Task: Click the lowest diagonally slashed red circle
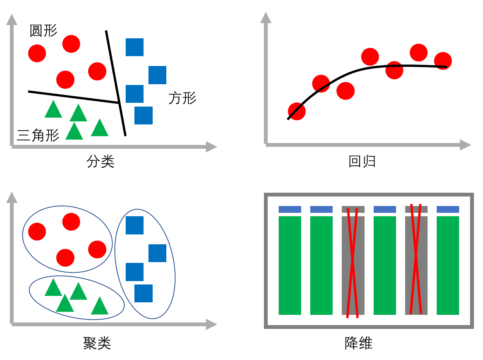297,111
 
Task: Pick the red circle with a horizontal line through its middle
395,70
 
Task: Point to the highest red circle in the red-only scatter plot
419,52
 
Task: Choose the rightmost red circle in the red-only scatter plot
443,61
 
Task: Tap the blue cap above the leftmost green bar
290,209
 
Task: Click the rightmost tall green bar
448,266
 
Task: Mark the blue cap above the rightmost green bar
448,209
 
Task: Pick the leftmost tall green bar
290,266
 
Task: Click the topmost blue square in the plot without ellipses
135,47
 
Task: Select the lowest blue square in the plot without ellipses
144,115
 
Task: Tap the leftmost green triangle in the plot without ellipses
53,110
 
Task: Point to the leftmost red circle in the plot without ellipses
37,53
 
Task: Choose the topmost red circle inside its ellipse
71,222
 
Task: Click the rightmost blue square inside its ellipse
158,253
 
